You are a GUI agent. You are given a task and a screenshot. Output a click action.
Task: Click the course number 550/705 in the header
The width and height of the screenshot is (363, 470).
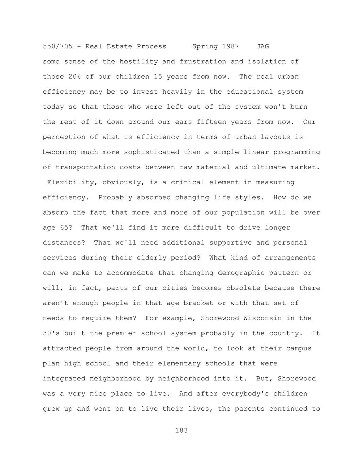click(x=58, y=46)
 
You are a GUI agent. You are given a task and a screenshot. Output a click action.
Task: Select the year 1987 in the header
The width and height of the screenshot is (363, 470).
click(x=231, y=46)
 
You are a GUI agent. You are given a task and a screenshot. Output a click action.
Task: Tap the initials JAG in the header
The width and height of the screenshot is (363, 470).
click(x=263, y=46)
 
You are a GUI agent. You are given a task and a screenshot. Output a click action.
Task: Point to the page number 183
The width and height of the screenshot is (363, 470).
click(x=181, y=430)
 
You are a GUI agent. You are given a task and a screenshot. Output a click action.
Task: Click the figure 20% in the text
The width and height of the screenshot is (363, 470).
click(x=75, y=77)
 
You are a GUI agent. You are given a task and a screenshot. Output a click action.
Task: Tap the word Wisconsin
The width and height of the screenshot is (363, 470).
click(x=263, y=318)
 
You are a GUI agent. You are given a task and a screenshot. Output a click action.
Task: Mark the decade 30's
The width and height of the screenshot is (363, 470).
click(x=51, y=333)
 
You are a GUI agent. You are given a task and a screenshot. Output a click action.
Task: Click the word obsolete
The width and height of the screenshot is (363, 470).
click(x=241, y=288)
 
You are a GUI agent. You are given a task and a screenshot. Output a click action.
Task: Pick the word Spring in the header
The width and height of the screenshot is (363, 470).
click(x=205, y=46)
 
